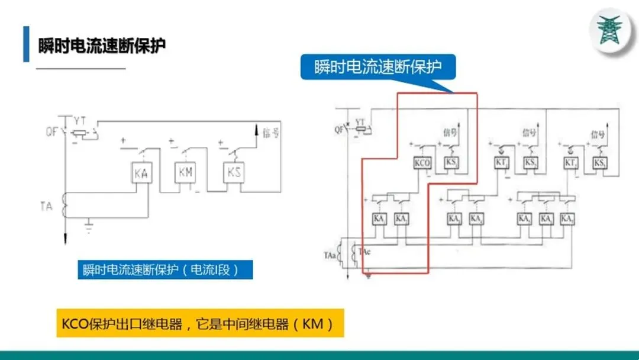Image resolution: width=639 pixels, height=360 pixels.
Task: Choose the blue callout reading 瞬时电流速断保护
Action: (378, 67)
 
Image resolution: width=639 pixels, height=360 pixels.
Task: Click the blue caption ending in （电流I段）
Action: (165, 270)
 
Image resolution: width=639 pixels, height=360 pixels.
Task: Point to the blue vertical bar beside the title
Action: (26, 44)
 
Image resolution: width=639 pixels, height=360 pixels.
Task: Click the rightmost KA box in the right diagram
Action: (566, 218)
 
